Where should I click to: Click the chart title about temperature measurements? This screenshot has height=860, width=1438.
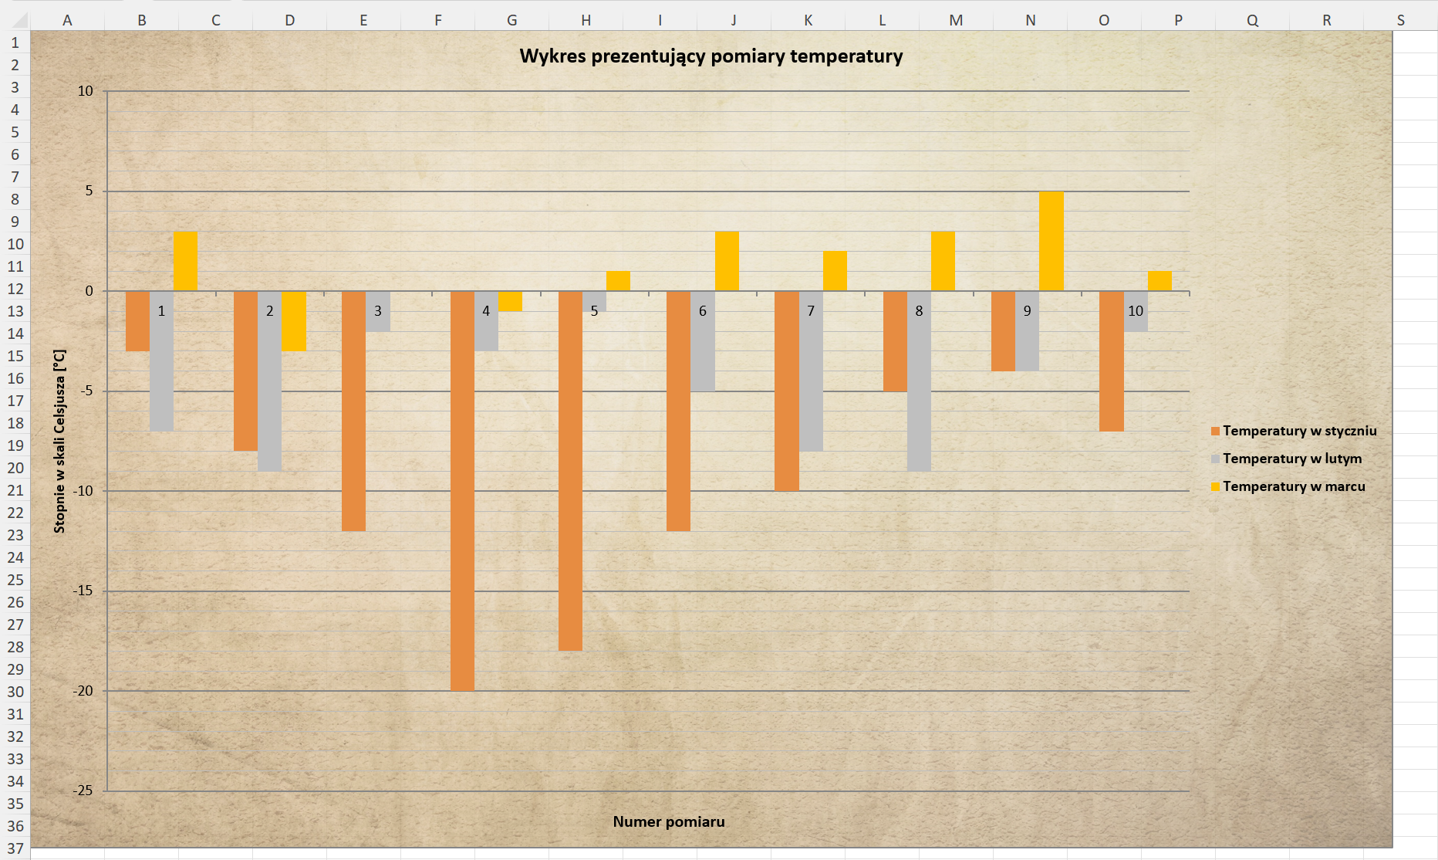pos(711,56)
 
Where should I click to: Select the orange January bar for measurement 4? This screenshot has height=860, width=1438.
pos(462,490)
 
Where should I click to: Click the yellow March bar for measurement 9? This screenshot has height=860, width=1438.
pos(1051,241)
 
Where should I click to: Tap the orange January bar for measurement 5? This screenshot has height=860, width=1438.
pos(570,471)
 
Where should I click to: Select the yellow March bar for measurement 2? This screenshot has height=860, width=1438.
pos(294,321)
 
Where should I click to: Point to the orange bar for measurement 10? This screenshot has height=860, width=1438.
pos(1111,361)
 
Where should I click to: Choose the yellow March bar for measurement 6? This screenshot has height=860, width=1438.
pos(727,261)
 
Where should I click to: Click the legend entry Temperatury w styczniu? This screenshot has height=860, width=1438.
pos(1299,431)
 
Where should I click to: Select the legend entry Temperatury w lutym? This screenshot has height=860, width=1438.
pos(1291,459)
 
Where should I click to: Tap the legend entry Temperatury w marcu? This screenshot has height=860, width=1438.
pos(1293,486)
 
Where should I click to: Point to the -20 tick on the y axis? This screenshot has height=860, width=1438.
pos(83,691)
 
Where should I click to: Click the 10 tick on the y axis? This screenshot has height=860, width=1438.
pos(85,91)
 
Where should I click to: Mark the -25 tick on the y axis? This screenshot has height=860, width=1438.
pos(83,791)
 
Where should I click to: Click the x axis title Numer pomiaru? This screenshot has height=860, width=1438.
pos(669,821)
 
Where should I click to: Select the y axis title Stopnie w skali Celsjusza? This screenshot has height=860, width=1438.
pos(59,441)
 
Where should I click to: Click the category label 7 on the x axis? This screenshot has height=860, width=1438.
pos(810,311)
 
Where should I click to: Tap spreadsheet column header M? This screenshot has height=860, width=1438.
pos(956,20)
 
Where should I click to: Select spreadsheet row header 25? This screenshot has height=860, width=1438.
pos(15,580)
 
